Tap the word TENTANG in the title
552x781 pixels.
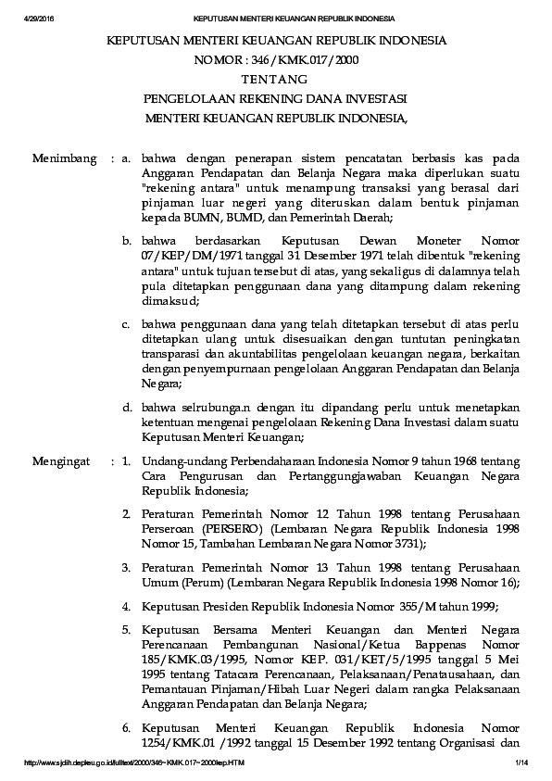tap(275, 80)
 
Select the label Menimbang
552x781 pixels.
tap(64, 159)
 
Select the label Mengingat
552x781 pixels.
tap(63, 460)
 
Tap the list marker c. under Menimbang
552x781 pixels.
tap(127, 325)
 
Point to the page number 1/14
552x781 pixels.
tap(521, 762)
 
